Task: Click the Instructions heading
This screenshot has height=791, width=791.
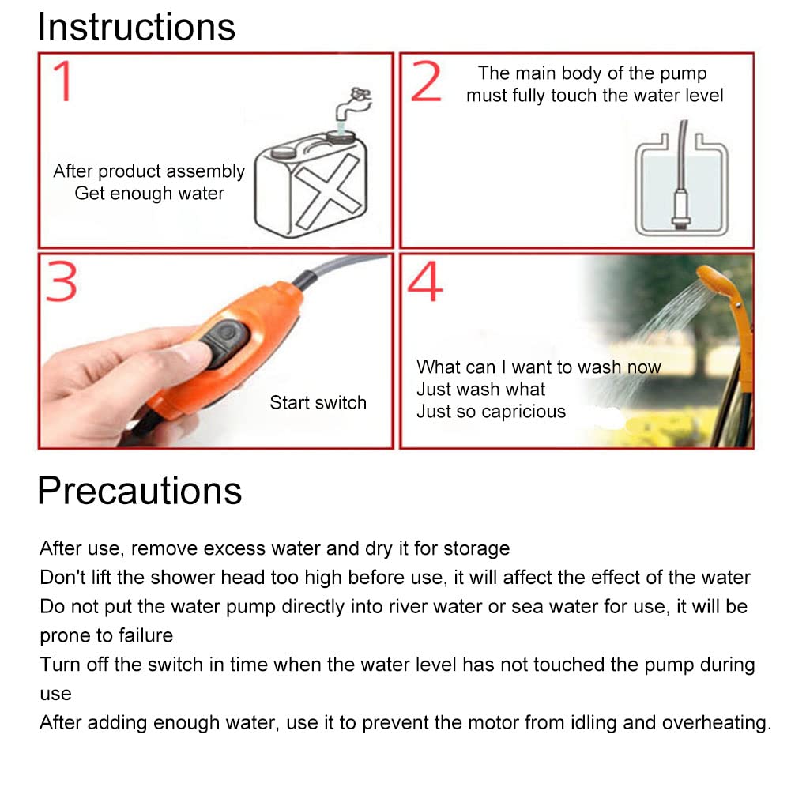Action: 136,27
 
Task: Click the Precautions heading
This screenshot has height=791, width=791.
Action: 140,491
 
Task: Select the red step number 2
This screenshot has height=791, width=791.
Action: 426,81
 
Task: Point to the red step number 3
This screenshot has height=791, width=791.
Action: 62,281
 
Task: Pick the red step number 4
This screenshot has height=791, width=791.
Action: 425,281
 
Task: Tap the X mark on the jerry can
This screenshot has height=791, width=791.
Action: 328,190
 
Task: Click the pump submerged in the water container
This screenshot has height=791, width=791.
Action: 681,207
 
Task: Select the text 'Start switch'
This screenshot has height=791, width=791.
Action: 318,402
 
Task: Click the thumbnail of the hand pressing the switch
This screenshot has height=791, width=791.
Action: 216,351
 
